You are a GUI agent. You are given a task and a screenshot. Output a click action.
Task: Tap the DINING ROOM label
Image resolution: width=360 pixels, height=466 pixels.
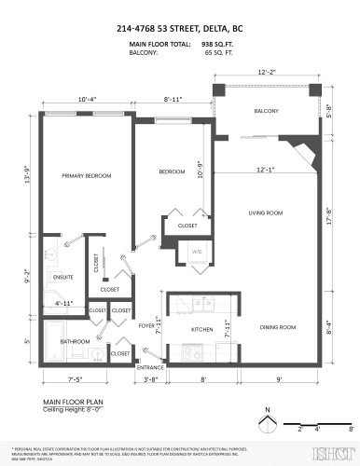(x=277, y=327)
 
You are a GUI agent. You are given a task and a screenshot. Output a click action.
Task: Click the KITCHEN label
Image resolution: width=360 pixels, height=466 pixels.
(x=203, y=330)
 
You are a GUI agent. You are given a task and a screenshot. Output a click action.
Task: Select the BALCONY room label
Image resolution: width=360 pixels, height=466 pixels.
(x=266, y=111)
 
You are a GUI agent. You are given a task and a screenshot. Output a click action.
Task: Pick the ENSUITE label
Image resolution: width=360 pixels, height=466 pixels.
(x=63, y=277)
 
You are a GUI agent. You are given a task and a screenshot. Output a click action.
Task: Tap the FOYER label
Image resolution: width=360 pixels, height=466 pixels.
(x=146, y=326)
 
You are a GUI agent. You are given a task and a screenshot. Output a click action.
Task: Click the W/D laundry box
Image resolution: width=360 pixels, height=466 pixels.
(x=197, y=253)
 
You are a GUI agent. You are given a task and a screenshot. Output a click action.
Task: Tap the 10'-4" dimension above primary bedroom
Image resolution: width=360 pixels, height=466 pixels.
(x=88, y=98)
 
